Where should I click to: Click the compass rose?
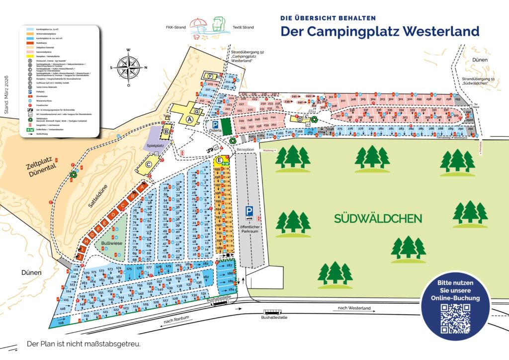[128, 67]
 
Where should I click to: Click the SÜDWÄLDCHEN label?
[378, 218]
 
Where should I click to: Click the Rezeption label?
[245, 149]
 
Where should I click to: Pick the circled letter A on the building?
[189, 119]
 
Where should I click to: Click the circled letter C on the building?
[148, 165]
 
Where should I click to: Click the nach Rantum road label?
[176, 322]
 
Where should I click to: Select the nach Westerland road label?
[354, 308]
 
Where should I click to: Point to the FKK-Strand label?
[175, 27]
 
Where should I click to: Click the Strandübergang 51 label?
[480, 81]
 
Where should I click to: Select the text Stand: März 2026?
[7, 95]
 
